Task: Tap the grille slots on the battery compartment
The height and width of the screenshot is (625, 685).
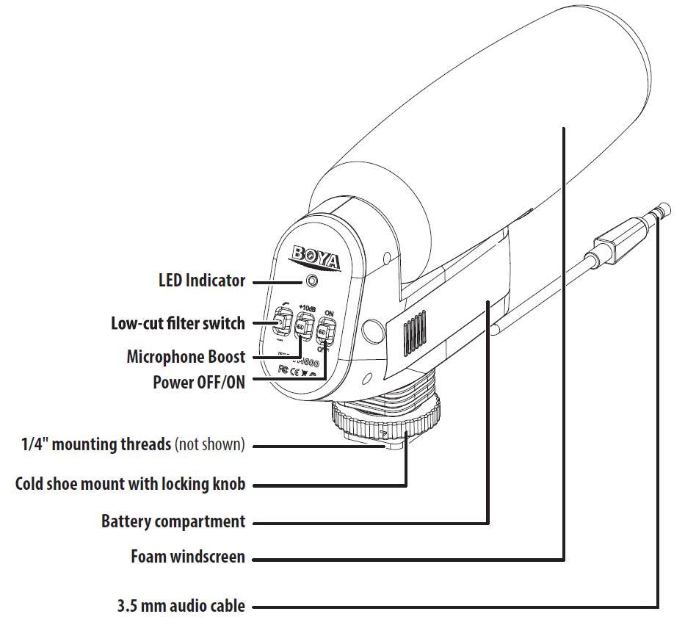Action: click(x=415, y=334)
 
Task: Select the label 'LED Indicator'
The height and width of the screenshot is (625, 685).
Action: click(x=202, y=280)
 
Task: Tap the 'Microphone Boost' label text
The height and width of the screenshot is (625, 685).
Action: click(x=186, y=357)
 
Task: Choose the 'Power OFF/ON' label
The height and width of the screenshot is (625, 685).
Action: click(x=198, y=382)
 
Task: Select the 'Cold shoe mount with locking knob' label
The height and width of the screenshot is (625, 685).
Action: click(x=130, y=484)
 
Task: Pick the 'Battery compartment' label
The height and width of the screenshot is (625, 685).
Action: click(x=173, y=521)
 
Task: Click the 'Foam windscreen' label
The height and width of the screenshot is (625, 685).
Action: click(x=188, y=557)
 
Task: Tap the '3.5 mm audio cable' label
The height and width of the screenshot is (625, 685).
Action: click(x=181, y=607)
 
